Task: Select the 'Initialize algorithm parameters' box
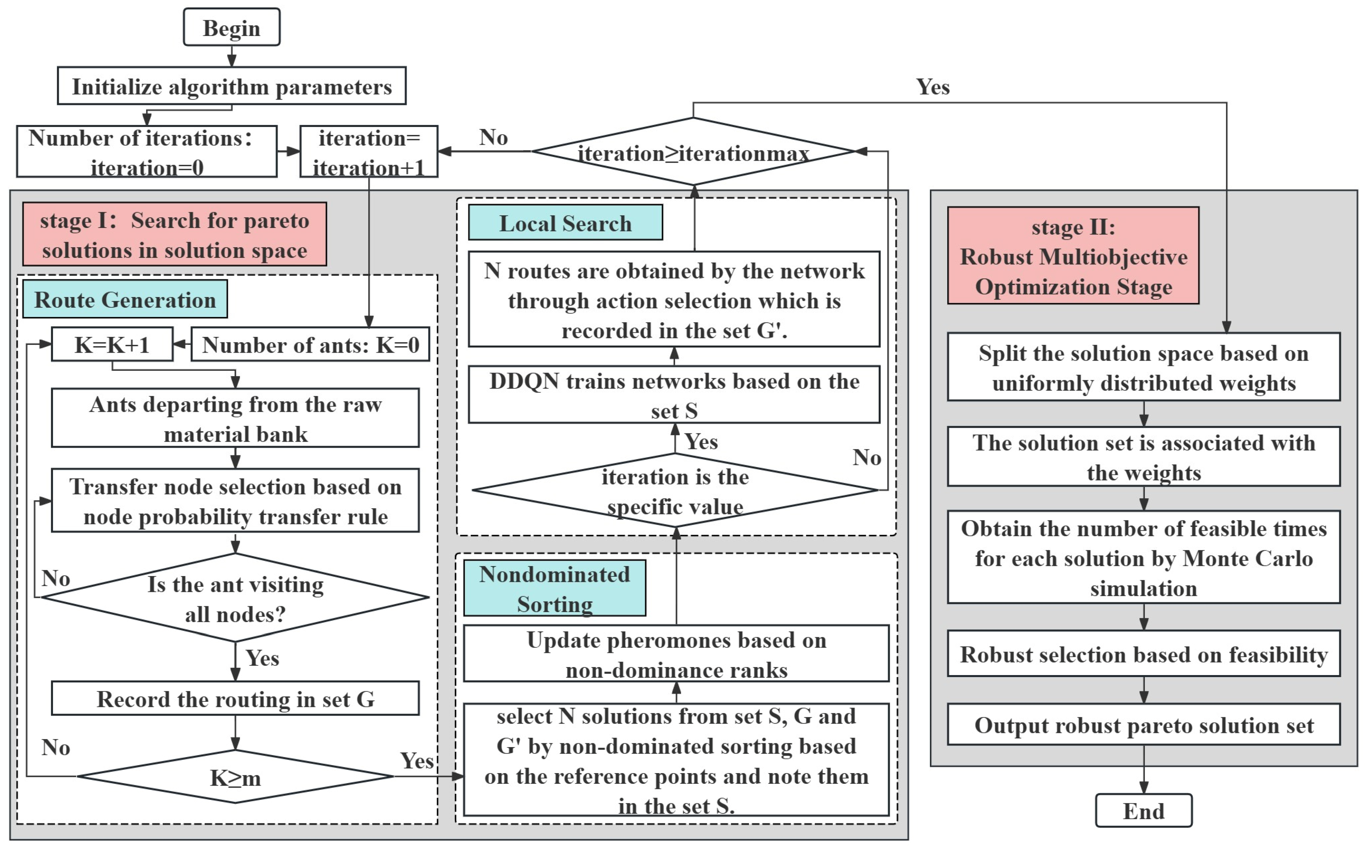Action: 231,86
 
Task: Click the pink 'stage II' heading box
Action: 1073,256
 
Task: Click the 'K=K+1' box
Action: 112,344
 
